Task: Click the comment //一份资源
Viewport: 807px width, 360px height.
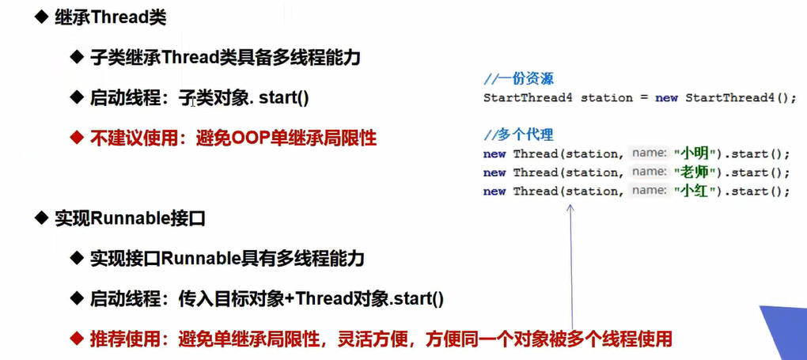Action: [x=519, y=78]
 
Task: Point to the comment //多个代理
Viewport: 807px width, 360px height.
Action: [x=519, y=134]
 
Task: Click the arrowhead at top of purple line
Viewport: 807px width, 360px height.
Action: [x=569, y=207]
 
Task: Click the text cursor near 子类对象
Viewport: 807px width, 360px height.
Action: [x=192, y=101]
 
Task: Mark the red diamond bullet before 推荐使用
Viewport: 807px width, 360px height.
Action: [x=77, y=339]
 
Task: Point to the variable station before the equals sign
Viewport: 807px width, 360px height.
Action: [x=607, y=98]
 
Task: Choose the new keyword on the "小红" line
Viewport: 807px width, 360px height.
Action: [x=494, y=191]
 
